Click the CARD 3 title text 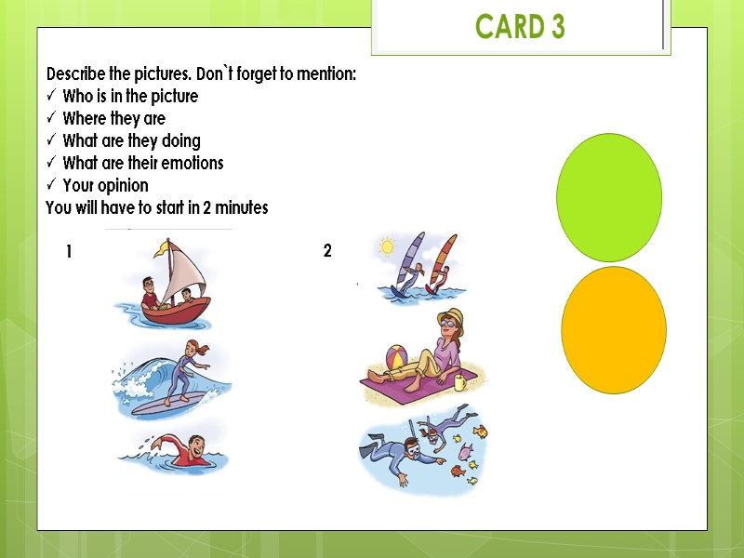click(520, 27)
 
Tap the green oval click(609, 197)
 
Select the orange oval click(614, 330)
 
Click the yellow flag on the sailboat click(166, 247)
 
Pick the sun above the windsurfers click(386, 248)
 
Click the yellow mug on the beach click(460, 381)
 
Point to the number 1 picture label click(69, 251)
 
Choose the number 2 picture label click(327, 250)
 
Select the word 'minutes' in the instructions click(240, 208)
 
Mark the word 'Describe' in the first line click(78, 73)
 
